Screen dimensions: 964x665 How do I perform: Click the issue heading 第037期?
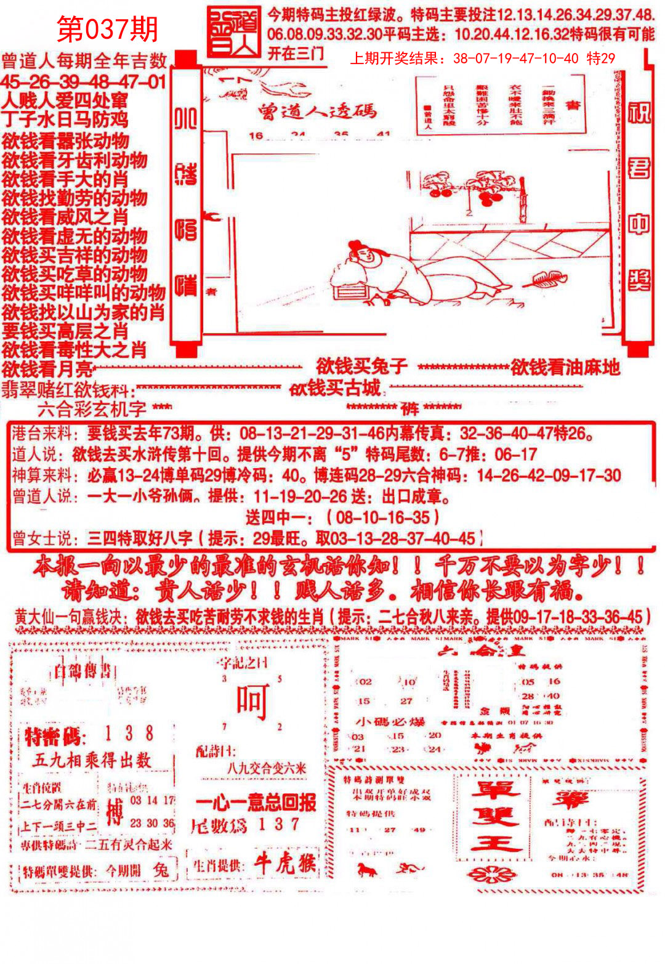pyautogui.click(x=108, y=28)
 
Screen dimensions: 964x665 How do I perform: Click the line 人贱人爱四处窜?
pyautogui.click(x=65, y=100)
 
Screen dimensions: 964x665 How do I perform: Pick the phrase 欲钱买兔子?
pyautogui.click(x=361, y=367)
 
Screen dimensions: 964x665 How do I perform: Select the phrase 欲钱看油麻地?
pyautogui.click(x=565, y=367)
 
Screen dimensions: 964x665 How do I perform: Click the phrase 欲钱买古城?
pyautogui.click(x=336, y=388)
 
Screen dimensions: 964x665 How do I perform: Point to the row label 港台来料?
pyautogui.click(x=41, y=433)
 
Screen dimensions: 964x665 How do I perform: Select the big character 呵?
pyautogui.click(x=252, y=703)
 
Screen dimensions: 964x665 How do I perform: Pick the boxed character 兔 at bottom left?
pyautogui.click(x=161, y=870)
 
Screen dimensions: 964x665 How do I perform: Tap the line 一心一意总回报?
pyautogui.click(x=256, y=802)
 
